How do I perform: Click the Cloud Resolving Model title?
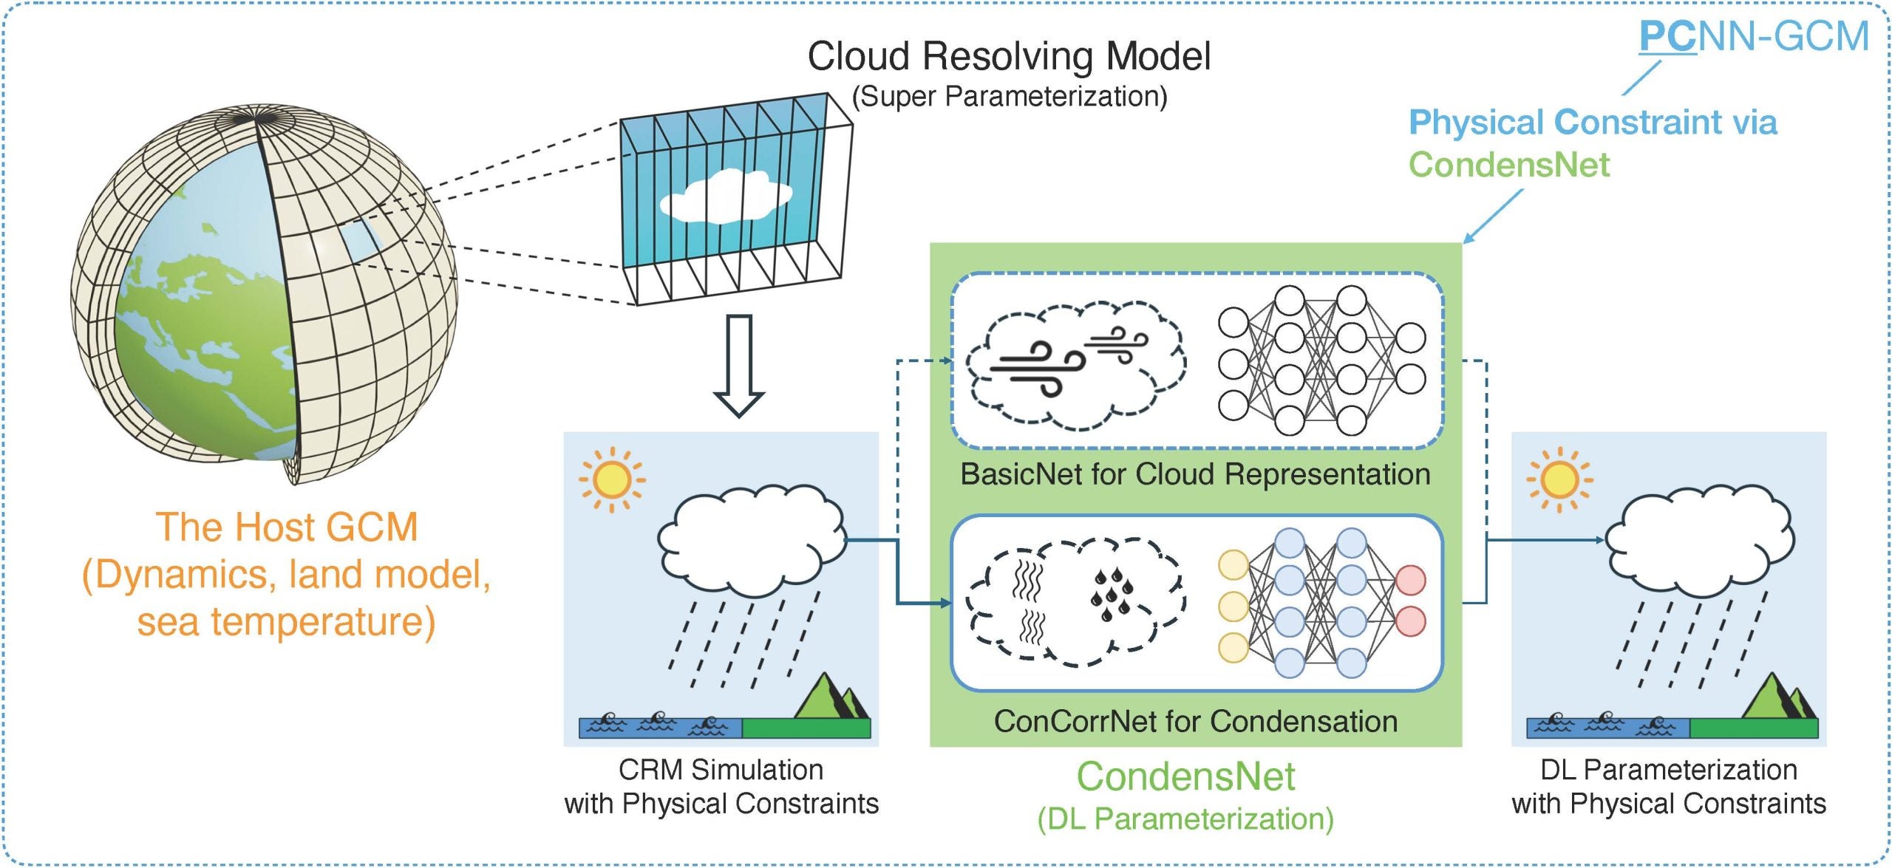click(1009, 56)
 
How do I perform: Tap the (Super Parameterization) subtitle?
click(1009, 97)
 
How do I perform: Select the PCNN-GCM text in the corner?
click(1753, 37)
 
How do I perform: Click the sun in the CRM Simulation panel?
click(611, 479)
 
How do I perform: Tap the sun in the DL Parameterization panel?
click(1559, 479)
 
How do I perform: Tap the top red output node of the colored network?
click(1410, 580)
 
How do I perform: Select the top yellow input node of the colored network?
click(1233, 565)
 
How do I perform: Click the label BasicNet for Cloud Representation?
click(1195, 474)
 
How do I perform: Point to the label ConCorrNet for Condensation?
click(1195, 721)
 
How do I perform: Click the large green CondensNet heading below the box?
click(1185, 776)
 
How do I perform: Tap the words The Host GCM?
click(287, 527)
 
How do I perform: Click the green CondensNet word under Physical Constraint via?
click(1508, 164)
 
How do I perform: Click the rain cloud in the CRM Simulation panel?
click(750, 539)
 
